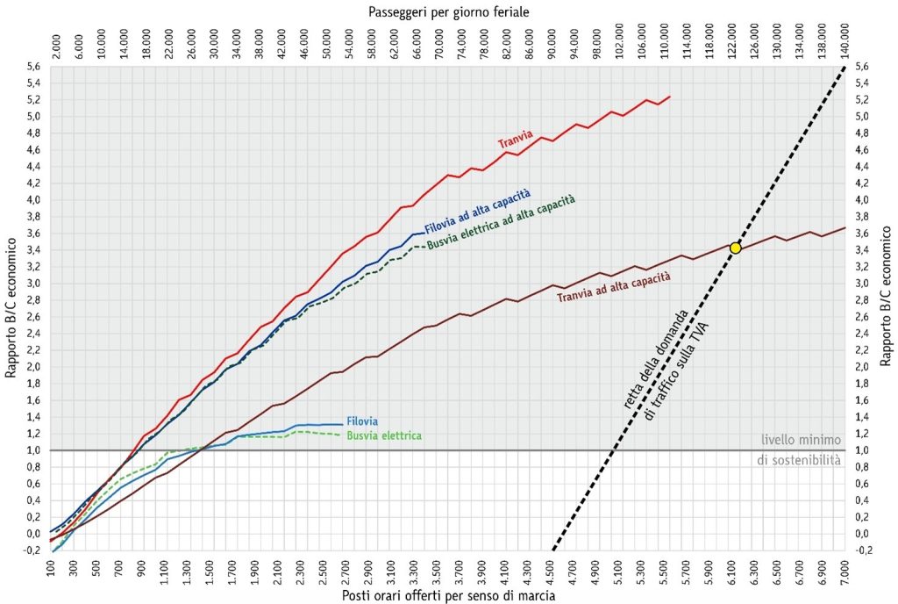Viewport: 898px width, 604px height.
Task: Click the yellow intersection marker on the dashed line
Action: click(x=735, y=248)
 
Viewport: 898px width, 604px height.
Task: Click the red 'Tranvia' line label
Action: click(x=516, y=139)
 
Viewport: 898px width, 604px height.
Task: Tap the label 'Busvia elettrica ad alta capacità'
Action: click(x=502, y=222)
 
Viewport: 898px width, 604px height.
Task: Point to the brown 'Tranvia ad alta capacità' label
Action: click(x=613, y=286)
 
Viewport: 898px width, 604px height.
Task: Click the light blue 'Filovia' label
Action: click(x=362, y=421)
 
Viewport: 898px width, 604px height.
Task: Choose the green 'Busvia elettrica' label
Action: click(x=384, y=435)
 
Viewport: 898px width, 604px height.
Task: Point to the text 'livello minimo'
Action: click(x=801, y=440)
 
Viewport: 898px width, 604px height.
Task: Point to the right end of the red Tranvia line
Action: click(x=670, y=97)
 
